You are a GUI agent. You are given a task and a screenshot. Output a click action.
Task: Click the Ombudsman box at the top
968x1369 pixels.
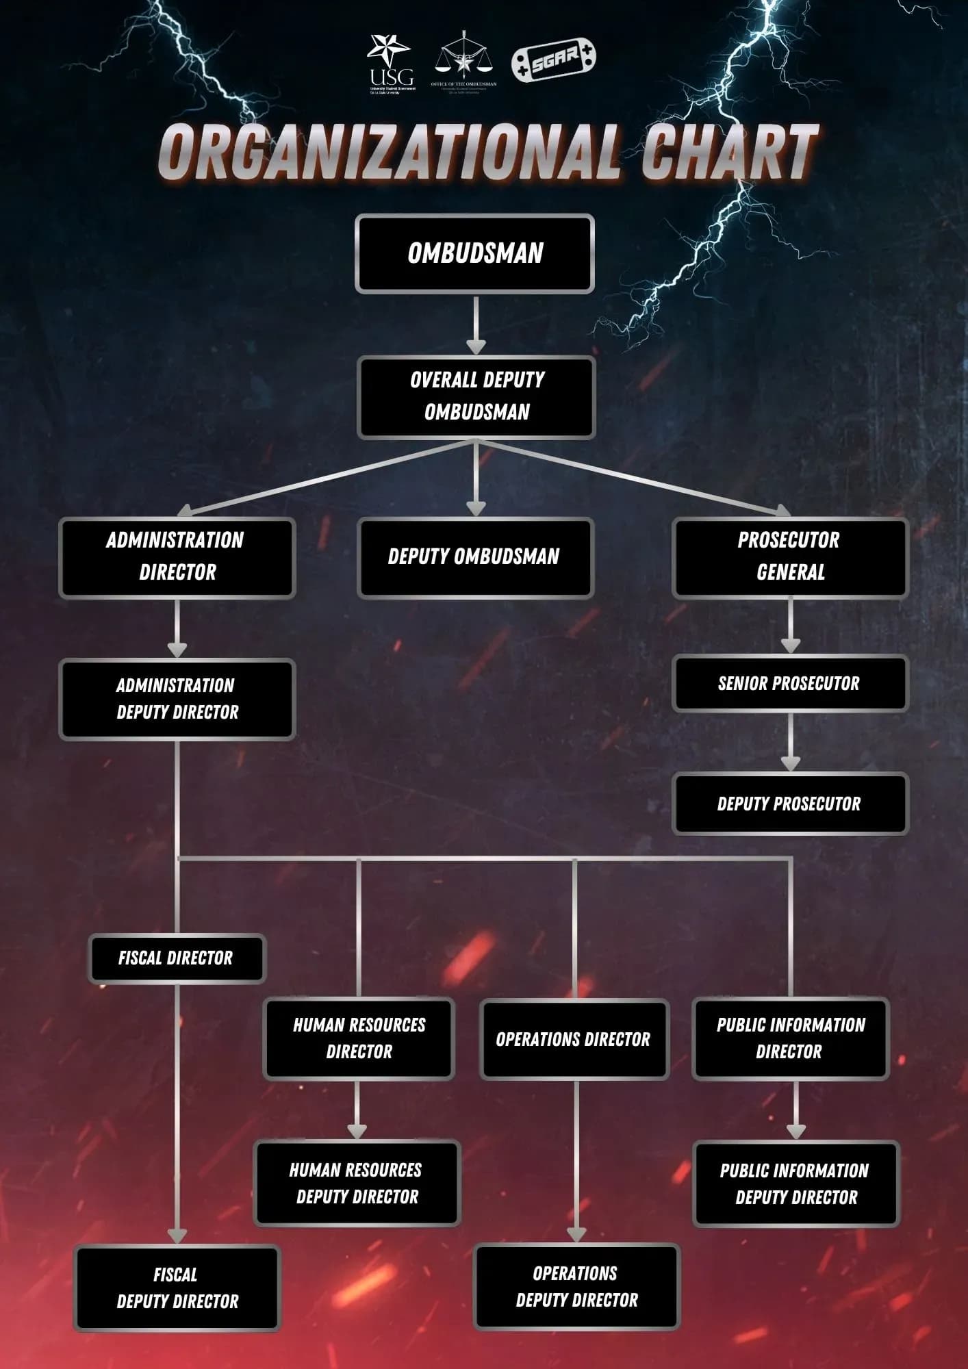point(474,254)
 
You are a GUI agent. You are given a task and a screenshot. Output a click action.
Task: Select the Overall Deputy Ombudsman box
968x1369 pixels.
point(476,397)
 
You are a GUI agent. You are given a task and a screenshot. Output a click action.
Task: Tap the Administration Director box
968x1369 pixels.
point(177,558)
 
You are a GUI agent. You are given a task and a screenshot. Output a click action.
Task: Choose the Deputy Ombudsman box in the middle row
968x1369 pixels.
point(475,557)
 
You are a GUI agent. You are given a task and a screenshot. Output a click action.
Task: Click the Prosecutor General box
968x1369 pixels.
point(790,558)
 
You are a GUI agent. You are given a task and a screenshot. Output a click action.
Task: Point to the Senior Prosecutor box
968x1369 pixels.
point(790,683)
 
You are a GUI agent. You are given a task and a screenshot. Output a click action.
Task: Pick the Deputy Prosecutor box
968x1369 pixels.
point(790,804)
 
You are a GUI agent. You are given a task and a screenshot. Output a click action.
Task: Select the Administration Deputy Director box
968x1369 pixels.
point(177,700)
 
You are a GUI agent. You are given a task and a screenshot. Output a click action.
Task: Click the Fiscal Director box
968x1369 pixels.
point(176,958)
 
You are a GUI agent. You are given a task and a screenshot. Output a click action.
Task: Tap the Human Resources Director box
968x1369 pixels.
point(359,1038)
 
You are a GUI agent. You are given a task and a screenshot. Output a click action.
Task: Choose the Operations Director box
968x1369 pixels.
point(574,1039)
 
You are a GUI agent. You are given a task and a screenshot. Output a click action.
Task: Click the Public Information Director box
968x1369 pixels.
point(790,1038)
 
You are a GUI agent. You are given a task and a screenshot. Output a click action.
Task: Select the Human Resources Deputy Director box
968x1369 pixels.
point(357,1183)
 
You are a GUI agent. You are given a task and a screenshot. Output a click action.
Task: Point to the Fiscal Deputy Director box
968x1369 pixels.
point(177,1288)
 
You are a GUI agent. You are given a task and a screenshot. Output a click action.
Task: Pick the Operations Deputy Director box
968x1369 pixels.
point(576,1286)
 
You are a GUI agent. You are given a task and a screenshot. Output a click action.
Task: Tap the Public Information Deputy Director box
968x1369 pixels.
point(795,1184)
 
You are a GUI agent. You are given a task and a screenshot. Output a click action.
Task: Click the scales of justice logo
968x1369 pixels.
point(464,60)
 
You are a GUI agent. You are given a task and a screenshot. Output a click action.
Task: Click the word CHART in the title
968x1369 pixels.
point(728,152)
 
